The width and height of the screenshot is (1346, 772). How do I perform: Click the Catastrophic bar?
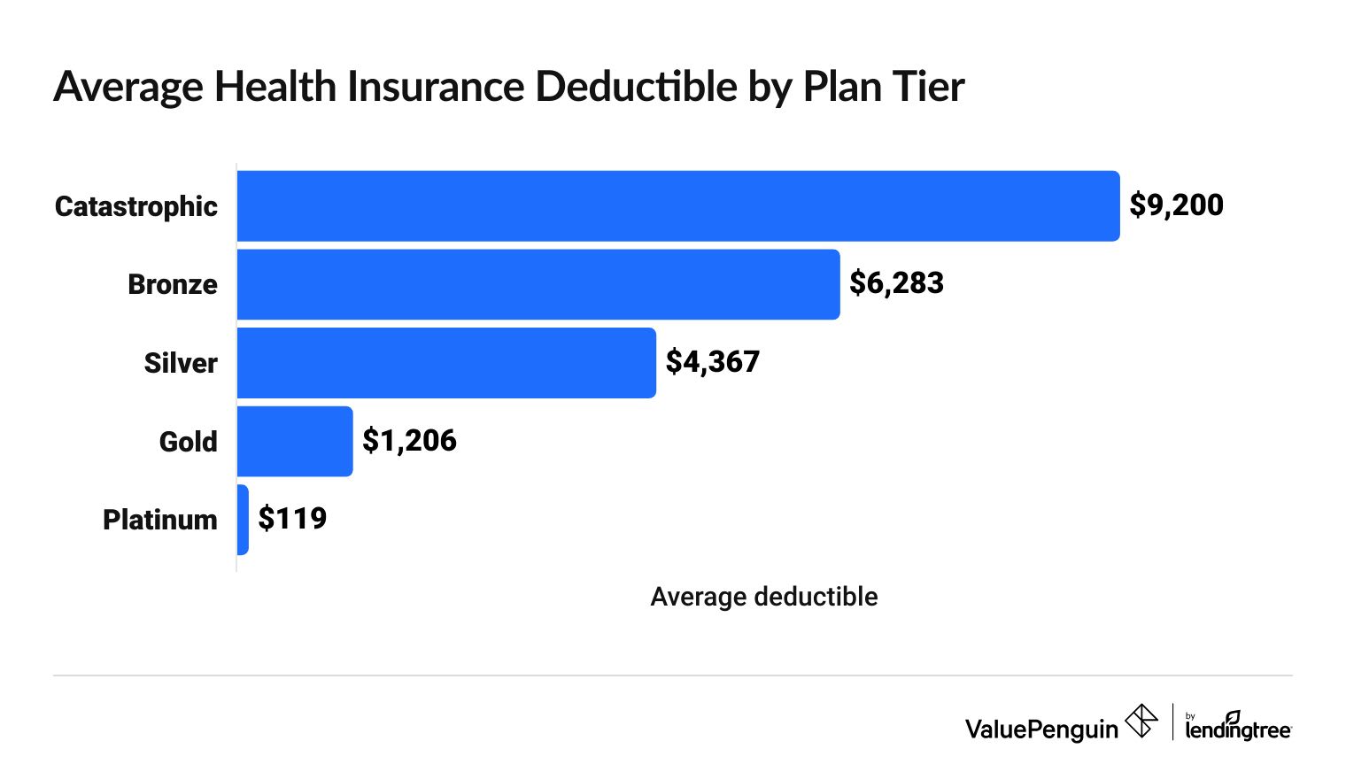[x=678, y=205]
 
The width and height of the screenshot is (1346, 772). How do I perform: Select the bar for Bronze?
[x=538, y=284]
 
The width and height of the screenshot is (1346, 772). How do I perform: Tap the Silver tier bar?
[x=446, y=363]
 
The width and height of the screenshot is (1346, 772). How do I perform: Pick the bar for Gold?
[x=295, y=441]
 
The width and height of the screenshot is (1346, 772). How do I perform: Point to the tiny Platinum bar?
[x=243, y=520]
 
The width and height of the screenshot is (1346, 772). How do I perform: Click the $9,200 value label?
[x=1176, y=205]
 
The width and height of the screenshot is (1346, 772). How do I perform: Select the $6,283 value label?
[x=896, y=283]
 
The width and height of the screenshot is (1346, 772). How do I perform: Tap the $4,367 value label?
[x=712, y=362]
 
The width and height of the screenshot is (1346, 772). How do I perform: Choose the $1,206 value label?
[x=409, y=440]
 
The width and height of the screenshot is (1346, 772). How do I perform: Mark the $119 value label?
[x=292, y=519]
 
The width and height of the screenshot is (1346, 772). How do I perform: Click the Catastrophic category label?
[x=136, y=206]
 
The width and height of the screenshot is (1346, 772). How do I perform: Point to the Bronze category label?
[x=173, y=284]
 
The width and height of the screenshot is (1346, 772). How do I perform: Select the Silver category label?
[x=181, y=363]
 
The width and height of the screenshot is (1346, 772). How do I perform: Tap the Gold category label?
[x=188, y=441]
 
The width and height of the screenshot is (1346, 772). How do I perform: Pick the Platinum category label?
[x=160, y=520]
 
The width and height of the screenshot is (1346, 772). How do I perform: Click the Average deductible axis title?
[x=763, y=597]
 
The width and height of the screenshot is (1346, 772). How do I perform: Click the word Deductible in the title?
[x=636, y=87]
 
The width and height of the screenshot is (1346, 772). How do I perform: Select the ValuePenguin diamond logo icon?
[x=1141, y=721]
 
